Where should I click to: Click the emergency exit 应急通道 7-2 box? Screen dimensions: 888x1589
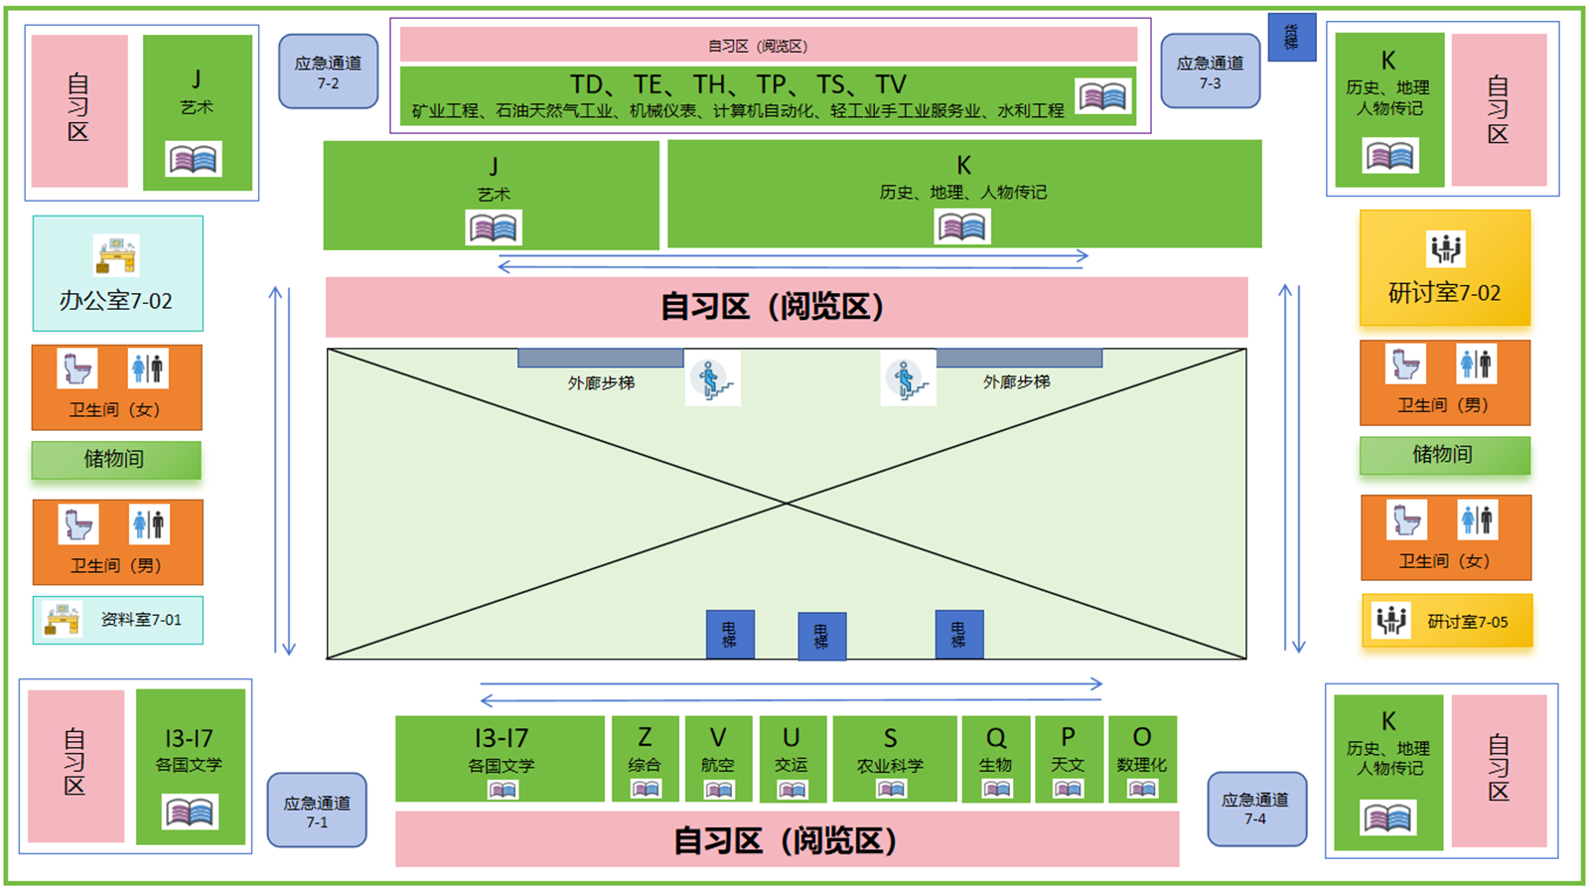tap(328, 72)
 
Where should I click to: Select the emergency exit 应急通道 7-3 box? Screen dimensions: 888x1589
tap(1210, 72)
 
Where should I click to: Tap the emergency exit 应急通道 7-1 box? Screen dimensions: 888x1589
tap(316, 811)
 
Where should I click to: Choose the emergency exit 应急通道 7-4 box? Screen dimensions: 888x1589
tap(1255, 809)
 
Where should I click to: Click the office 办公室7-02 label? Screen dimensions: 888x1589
tap(116, 300)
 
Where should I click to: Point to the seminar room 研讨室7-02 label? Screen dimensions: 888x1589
tap(1444, 293)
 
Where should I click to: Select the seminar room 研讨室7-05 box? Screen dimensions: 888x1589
tap(1446, 621)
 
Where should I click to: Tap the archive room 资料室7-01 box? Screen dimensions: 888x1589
tap(118, 620)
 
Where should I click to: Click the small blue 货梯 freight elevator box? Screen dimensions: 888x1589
tap(1291, 38)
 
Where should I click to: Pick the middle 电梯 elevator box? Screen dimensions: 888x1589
tap(821, 636)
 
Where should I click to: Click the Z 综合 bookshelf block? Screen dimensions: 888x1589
tap(645, 759)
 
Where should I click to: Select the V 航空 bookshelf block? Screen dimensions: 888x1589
tap(718, 759)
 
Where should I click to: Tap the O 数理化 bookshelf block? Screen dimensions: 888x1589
tap(1142, 759)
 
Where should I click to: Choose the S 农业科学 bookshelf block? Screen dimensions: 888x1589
tap(891, 759)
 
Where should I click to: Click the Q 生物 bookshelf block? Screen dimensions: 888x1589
tap(995, 759)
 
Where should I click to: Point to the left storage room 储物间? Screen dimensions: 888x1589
tap(115, 459)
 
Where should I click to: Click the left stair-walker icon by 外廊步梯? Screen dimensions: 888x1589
tap(711, 380)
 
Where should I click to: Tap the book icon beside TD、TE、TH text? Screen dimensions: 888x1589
tap(1103, 96)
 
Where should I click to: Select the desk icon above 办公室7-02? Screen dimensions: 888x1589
tap(116, 255)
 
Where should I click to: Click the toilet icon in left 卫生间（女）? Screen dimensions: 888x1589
tap(78, 369)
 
